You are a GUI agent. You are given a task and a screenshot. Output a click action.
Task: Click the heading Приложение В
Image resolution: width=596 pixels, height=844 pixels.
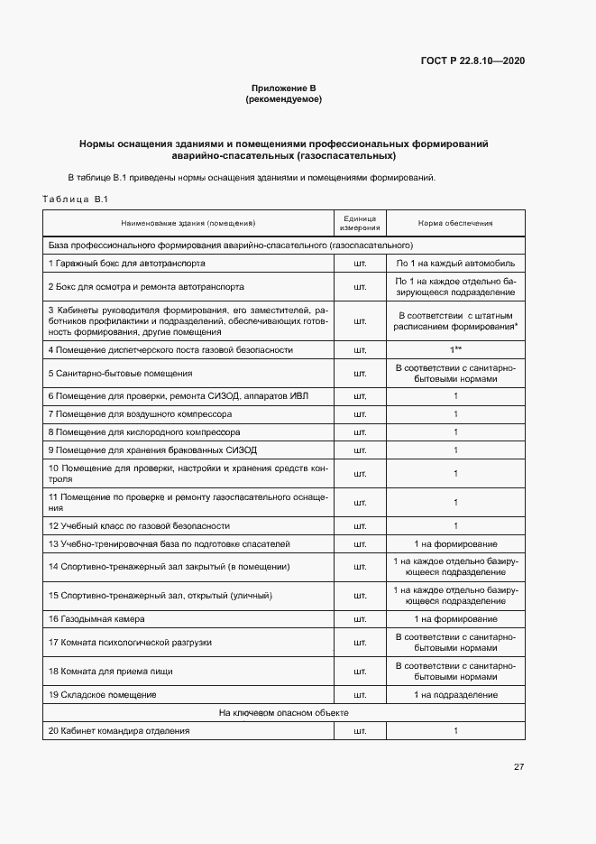pos(283,88)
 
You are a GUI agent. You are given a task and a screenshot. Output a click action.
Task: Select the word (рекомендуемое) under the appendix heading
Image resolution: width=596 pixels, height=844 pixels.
pos(283,99)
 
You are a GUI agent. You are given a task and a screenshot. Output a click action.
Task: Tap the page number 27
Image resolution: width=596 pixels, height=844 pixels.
pos(518,767)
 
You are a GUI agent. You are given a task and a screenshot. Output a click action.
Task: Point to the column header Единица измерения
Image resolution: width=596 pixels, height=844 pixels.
pos(361,223)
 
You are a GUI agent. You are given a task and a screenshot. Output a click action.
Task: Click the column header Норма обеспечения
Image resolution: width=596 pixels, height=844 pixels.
pos(455,223)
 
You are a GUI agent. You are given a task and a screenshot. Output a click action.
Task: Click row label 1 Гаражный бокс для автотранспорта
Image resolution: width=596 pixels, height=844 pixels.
pos(126,264)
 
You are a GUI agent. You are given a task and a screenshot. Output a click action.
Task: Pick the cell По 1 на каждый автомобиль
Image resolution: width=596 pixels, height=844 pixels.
pos(455,264)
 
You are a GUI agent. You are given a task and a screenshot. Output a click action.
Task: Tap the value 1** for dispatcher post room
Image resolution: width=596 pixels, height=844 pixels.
pos(455,349)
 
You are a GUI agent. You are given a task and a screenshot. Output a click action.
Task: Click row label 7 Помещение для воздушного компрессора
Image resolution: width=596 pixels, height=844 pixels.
pos(140,414)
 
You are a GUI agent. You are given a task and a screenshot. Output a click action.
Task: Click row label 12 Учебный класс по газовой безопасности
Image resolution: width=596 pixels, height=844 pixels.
pos(139,525)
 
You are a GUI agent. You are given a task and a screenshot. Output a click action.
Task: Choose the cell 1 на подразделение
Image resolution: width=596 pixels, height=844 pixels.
pos(455,694)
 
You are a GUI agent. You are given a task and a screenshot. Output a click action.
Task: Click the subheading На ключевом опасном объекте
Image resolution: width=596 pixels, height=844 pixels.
pos(284,713)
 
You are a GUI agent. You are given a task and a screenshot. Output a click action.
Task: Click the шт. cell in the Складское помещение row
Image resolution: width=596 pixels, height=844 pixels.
pos(361,694)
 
